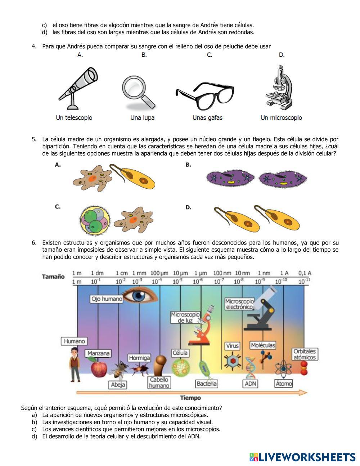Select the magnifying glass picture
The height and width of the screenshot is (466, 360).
(138, 92)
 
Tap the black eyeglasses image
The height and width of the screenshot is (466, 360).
(205, 95)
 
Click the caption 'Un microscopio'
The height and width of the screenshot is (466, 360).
(281, 118)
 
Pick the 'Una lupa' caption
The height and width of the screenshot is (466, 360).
(142, 118)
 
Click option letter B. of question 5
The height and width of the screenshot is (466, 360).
(188, 165)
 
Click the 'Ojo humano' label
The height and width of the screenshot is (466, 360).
(107, 299)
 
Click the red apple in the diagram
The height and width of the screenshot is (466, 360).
(98, 368)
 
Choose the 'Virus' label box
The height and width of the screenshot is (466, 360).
(232, 346)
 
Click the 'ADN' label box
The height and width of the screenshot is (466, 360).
(250, 384)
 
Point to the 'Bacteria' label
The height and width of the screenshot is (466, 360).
(207, 384)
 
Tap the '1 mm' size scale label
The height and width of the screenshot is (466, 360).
(139, 273)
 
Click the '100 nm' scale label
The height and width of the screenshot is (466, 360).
(222, 273)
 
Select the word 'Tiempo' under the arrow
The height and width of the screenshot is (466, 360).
(190, 398)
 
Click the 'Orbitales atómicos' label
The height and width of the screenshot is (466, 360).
(304, 354)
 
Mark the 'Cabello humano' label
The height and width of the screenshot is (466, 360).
(159, 382)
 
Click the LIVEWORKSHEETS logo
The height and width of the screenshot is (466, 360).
(302, 457)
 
